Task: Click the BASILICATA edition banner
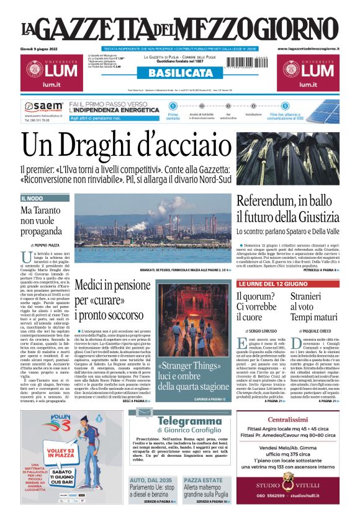click(x=179, y=73)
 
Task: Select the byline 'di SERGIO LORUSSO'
click(x=258, y=332)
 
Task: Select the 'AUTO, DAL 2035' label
click(x=146, y=480)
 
